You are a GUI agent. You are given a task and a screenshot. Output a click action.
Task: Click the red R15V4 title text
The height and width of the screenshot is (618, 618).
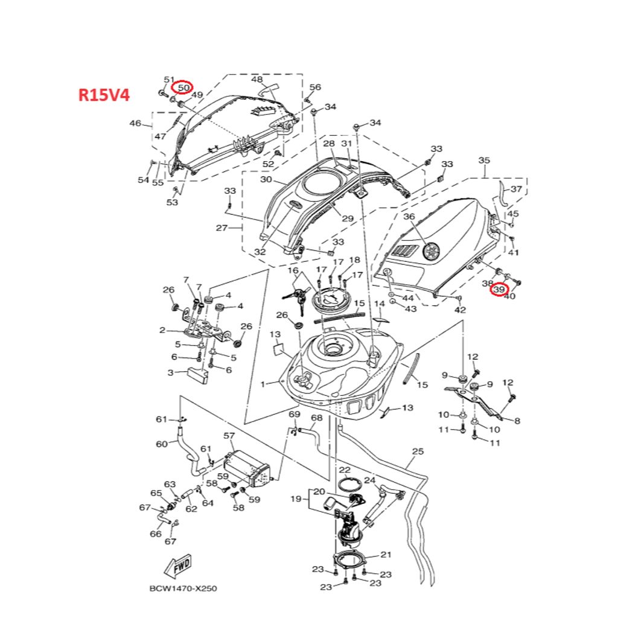pyautogui.click(x=103, y=95)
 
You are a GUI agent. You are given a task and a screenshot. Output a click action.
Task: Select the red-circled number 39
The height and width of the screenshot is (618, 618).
pyautogui.click(x=499, y=290)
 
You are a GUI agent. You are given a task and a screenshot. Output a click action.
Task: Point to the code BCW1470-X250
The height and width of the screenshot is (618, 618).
pyautogui.click(x=183, y=588)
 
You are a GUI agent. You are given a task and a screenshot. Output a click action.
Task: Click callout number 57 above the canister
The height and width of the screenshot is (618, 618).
pyautogui.click(x=229, y=435)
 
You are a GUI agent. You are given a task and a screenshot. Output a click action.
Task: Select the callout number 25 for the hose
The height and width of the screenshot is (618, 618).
pyautogui.click(x=418, y=451)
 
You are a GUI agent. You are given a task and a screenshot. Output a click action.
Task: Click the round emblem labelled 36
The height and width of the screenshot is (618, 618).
pyautogui.click(x=432, y=250)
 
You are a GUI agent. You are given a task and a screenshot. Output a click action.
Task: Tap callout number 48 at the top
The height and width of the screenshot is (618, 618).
pyautogui.click(x=257, y=80)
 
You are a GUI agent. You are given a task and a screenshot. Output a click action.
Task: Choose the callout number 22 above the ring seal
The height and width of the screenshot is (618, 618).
pyautogui.click(x=345, y=470)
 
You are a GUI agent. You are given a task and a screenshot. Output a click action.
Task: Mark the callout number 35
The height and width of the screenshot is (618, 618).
pyautogui.click(x=484, y=161)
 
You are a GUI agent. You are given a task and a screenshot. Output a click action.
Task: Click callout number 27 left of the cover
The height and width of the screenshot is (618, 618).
pyautogui.click(x=221, y=228)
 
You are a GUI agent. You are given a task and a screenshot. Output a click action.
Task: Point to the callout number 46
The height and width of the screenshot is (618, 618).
pyautogui.click(x=135, y=124)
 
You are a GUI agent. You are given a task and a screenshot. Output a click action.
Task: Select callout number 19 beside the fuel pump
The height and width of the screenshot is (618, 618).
pyautogui.click(x=296, y=499)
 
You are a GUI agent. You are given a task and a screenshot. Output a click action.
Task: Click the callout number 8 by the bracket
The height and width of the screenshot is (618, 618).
pyautogui.click(x=517, y=421)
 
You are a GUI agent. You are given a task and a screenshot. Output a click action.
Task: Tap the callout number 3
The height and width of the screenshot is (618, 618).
pyautogui.click(x=171, y=372)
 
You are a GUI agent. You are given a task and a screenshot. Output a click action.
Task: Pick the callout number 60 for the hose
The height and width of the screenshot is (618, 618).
pyautogui.click(x=162, y=444)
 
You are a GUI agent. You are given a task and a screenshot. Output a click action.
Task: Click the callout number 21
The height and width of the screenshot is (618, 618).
pyautogui.click(x=386, y=554)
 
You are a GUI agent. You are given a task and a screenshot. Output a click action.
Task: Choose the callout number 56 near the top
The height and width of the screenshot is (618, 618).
pyautogui.click(x=315, y=88)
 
